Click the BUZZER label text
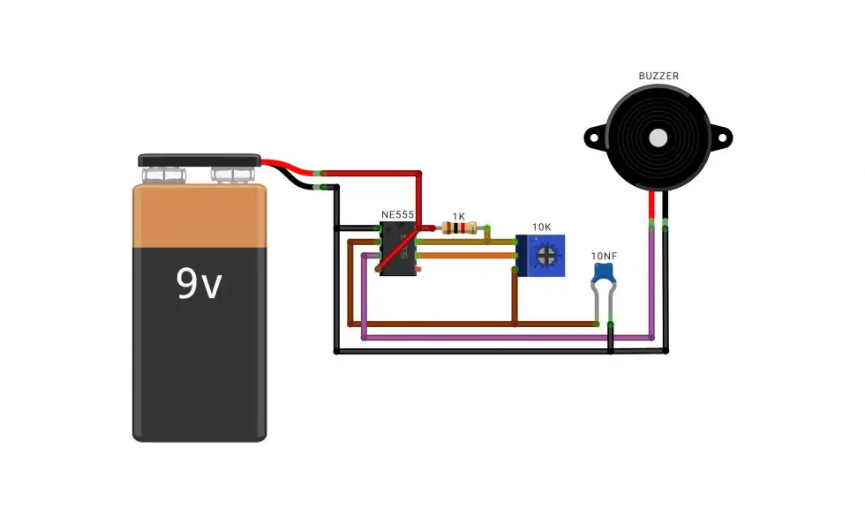(658, 76)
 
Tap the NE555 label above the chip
(397, 215)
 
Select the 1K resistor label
(458, 217)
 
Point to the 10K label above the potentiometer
(541, 227)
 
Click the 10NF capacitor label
(604, 257)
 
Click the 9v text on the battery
(199, 284)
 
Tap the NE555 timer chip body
(398, 249)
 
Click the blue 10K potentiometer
(540, 256)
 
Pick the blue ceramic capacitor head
(604, 272)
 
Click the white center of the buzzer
(658, 138)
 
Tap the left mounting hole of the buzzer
(594, 138)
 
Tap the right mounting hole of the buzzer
(722, 138)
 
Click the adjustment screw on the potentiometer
(546, 255)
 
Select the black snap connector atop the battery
(199, 160)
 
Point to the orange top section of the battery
(199, 216)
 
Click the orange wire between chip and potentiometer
(467, 256)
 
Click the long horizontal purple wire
(508, 337)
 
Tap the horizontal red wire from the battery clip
(371, 174)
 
